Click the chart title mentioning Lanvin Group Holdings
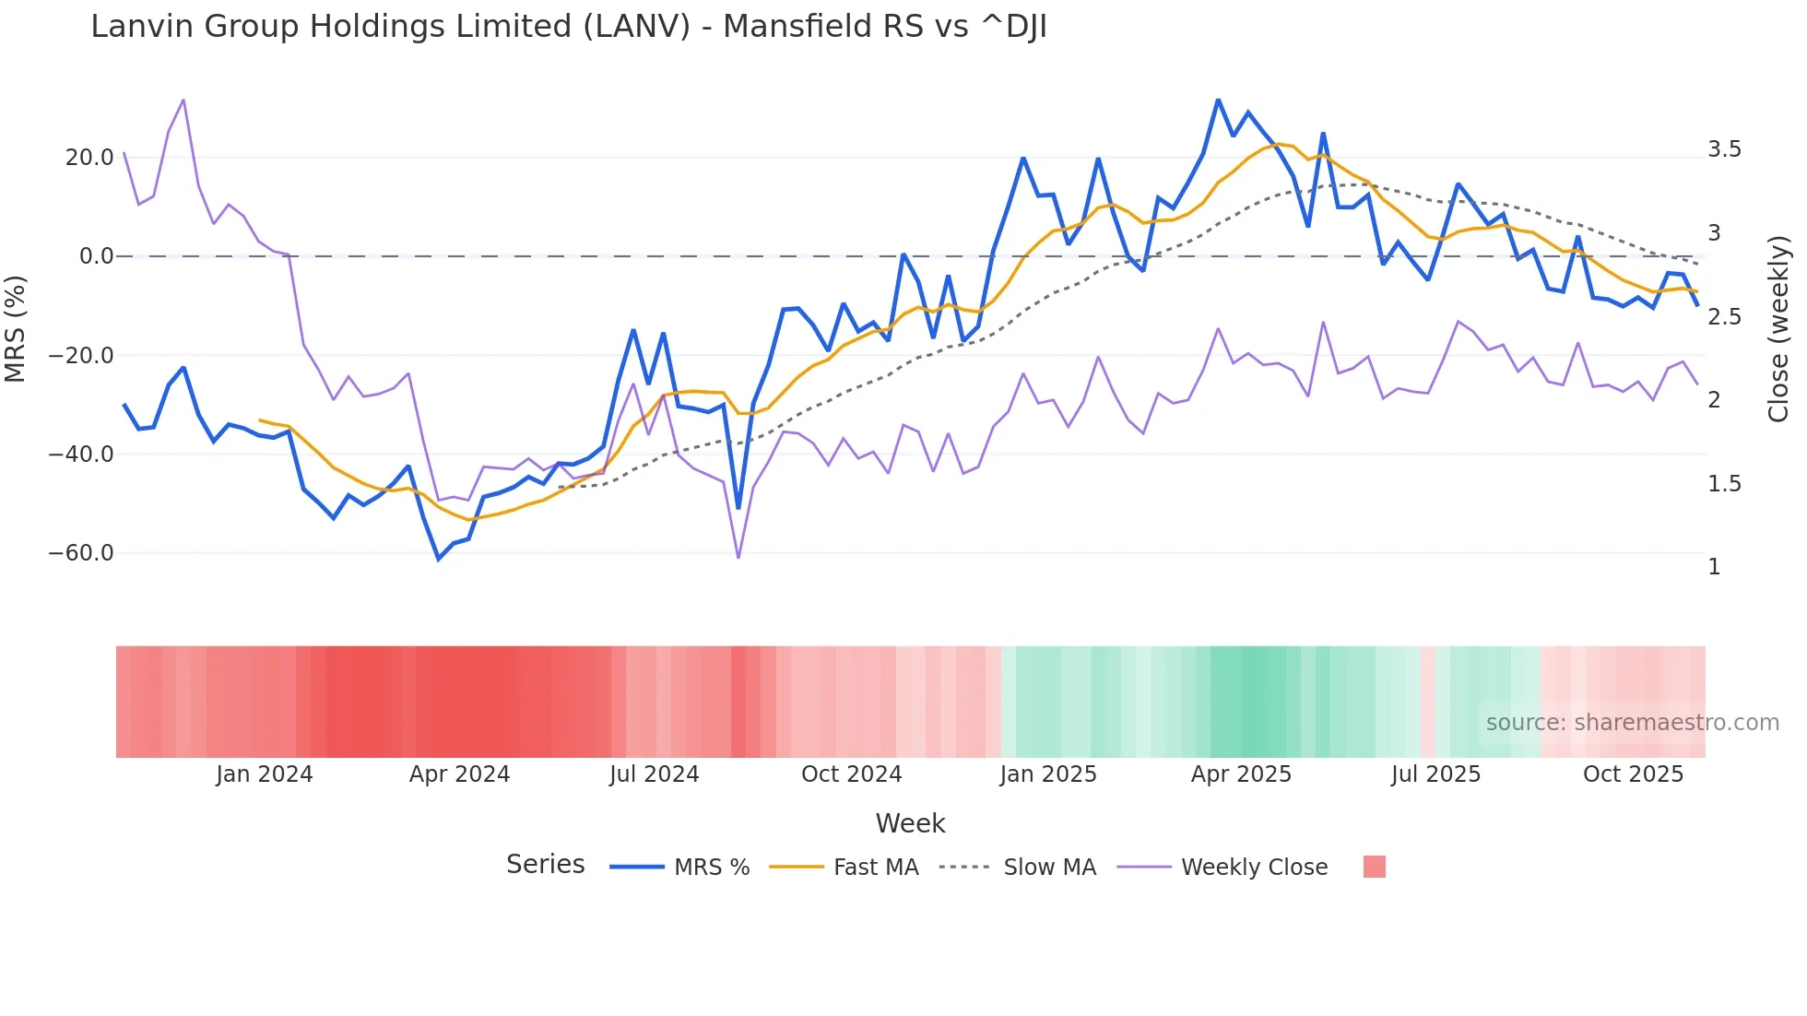tap(568, 27)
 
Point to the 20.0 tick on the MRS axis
tap(89, 158)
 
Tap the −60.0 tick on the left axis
tap(81, 553)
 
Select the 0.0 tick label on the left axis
tap(96, 256)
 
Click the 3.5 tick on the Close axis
tap(1724, 149)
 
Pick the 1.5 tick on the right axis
tap(1724, 484)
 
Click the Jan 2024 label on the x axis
tap(265, 774)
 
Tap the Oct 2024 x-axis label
tap(851, 774)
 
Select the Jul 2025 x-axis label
tap(1435, 774)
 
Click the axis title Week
tap(910, 823)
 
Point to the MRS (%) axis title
tap(15, 328)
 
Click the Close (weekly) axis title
tap(1778, 329)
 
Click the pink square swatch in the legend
tap(1374, 867)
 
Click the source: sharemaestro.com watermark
tap(1632, 723)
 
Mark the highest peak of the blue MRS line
tap(1218, 100)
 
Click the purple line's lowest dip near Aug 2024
tap(738, 558)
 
